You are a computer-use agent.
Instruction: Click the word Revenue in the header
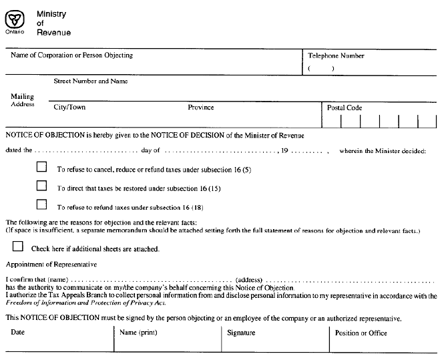pyautogui.click(x=53, y=33)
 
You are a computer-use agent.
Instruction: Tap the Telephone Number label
pyautogui.click(x=336, y=56)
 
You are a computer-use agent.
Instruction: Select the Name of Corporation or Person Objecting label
pyautogui.click(x=71, y=55)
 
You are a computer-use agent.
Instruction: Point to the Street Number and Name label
pyautogui.click(x=91, y=81)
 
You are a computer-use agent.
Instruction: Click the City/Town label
pyautogui.click(x=69, y=107)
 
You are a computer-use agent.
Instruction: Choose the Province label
pyautogui.click(x=201, y=107)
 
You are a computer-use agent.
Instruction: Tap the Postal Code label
pyautogui.click(x=345, y=108)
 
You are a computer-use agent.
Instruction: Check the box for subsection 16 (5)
pyautogui.click(x=42, y=167)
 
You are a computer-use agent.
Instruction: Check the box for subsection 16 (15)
pyautogui.click(x=42, y=186)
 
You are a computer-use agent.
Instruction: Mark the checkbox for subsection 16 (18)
pyautogui.click(x=42, y=204)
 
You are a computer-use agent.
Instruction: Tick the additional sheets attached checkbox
pyautogui.click(x=18, y=246)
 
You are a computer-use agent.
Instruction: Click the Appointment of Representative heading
pyautogui.click(x=51, y=264)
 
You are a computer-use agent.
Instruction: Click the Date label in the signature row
pyautogui.click(x=17, y=332)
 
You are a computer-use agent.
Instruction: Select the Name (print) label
pyautogui.click(x=138, y=332)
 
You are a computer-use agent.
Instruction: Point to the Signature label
pyautogui.click(x=241, y=333)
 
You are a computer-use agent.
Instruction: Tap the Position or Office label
pyautogui.click(x=361, y=333)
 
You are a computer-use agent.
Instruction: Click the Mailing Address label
pyautogui.click(x=22, y=100)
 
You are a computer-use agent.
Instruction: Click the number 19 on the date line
pyautogui.click(x=285, y=151)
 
